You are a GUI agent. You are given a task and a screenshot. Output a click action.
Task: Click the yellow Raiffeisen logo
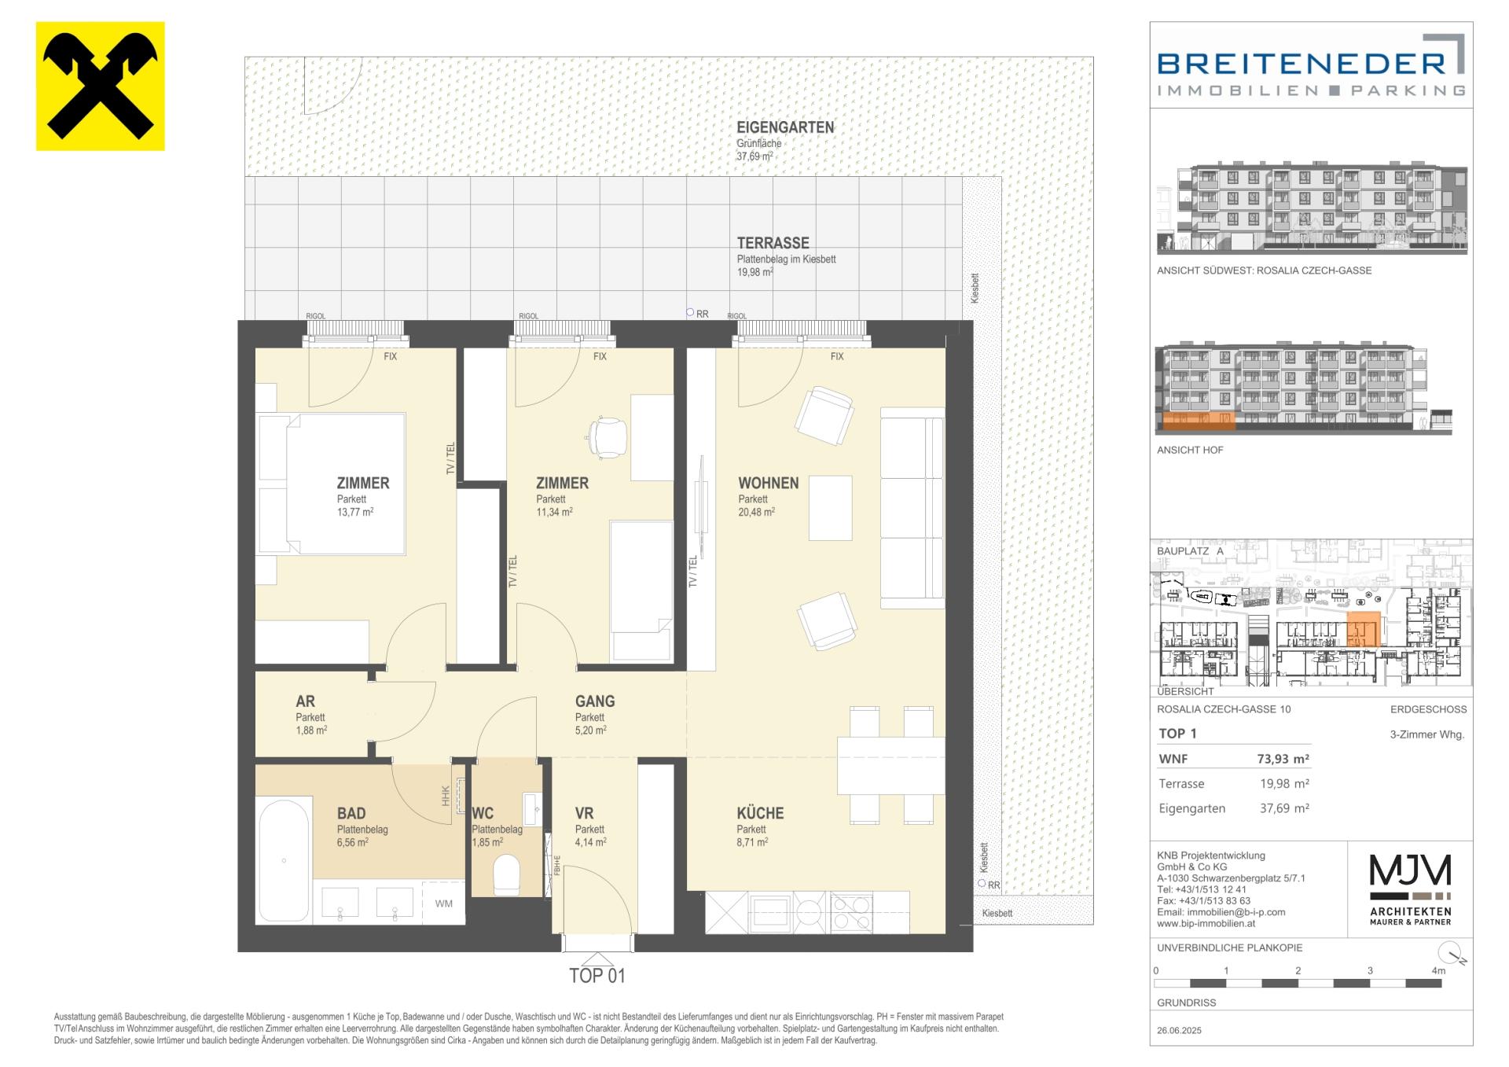(x=101, y=86)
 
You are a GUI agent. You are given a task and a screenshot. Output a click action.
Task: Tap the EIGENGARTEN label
(x=785, y=127)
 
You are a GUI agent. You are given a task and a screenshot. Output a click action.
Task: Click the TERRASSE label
(x=773, y=244)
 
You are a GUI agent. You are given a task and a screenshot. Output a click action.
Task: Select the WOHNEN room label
(x=768, y=484)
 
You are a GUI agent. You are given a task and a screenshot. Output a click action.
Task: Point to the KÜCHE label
(x=760, y=813)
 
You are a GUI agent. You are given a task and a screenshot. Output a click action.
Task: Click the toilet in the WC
(x=507, y=875)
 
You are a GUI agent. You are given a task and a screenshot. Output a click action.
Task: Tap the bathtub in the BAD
(x=283, y=860)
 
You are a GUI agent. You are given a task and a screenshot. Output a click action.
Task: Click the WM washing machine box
(x=444, y=903)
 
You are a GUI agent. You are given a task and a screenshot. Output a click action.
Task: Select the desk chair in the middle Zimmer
(x=608, y=436)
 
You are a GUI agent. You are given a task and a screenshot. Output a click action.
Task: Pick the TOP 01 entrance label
(x=597, y=976)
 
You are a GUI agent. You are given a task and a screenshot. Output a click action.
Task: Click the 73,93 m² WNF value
(x=1283, y=759)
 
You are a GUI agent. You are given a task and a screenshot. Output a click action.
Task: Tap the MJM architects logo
(x=1411, y=889)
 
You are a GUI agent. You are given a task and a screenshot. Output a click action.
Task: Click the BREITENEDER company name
(x=1301, y=63)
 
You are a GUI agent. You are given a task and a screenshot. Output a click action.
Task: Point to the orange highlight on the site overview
(x=1364, y=630)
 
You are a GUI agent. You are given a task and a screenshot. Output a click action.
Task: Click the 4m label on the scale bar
(x=1438, y=970)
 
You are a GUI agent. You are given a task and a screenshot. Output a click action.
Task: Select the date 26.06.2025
(x=1179, y=1030)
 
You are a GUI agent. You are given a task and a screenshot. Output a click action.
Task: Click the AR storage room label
(x=305, y=701)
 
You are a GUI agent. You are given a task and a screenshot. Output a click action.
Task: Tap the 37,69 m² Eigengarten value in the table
(x=1285, y=808)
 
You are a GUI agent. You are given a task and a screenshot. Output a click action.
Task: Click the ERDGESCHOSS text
(x=1428, y=709)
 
